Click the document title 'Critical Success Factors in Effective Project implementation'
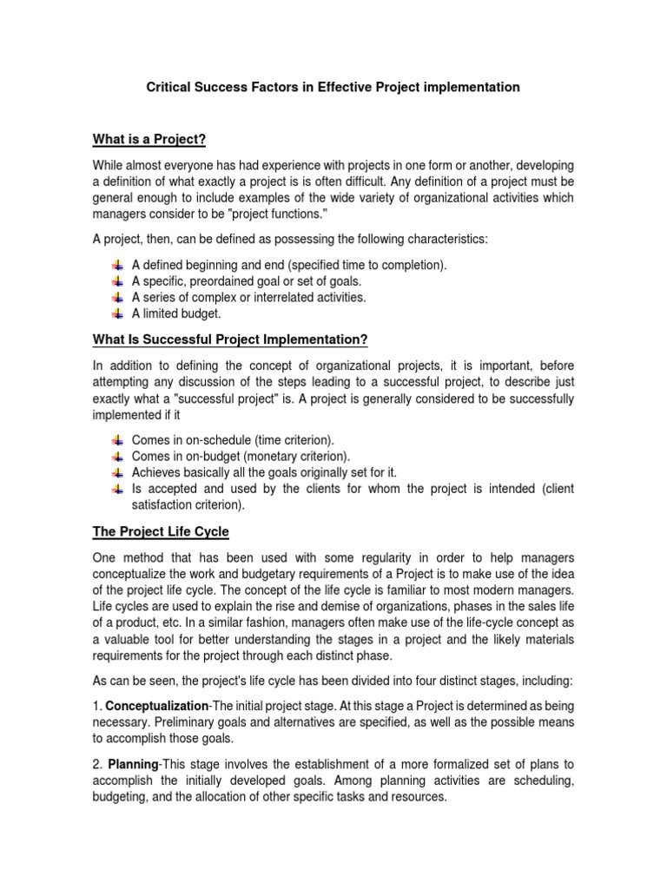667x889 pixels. [x=333, y=88]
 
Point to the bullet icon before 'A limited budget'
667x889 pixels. [x=117, y=313]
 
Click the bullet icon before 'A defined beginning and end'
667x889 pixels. [x=117, y=265]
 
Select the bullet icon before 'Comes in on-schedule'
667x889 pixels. [x=117, y=440]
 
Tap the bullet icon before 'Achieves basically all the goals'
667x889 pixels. [x=117, y=473]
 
